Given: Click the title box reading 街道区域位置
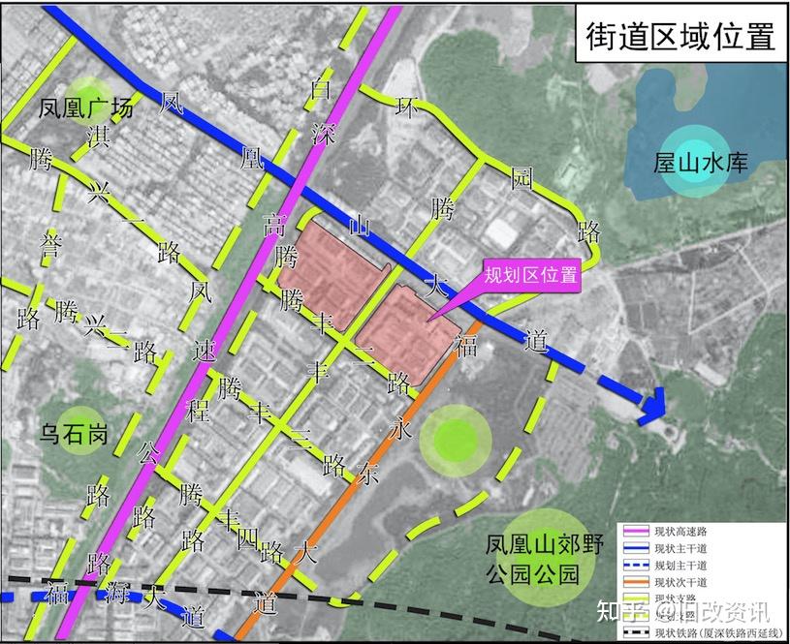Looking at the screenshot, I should pos(680,36).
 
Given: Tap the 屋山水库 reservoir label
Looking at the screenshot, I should pos(701,163).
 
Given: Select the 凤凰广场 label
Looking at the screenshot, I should pos(85,107).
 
